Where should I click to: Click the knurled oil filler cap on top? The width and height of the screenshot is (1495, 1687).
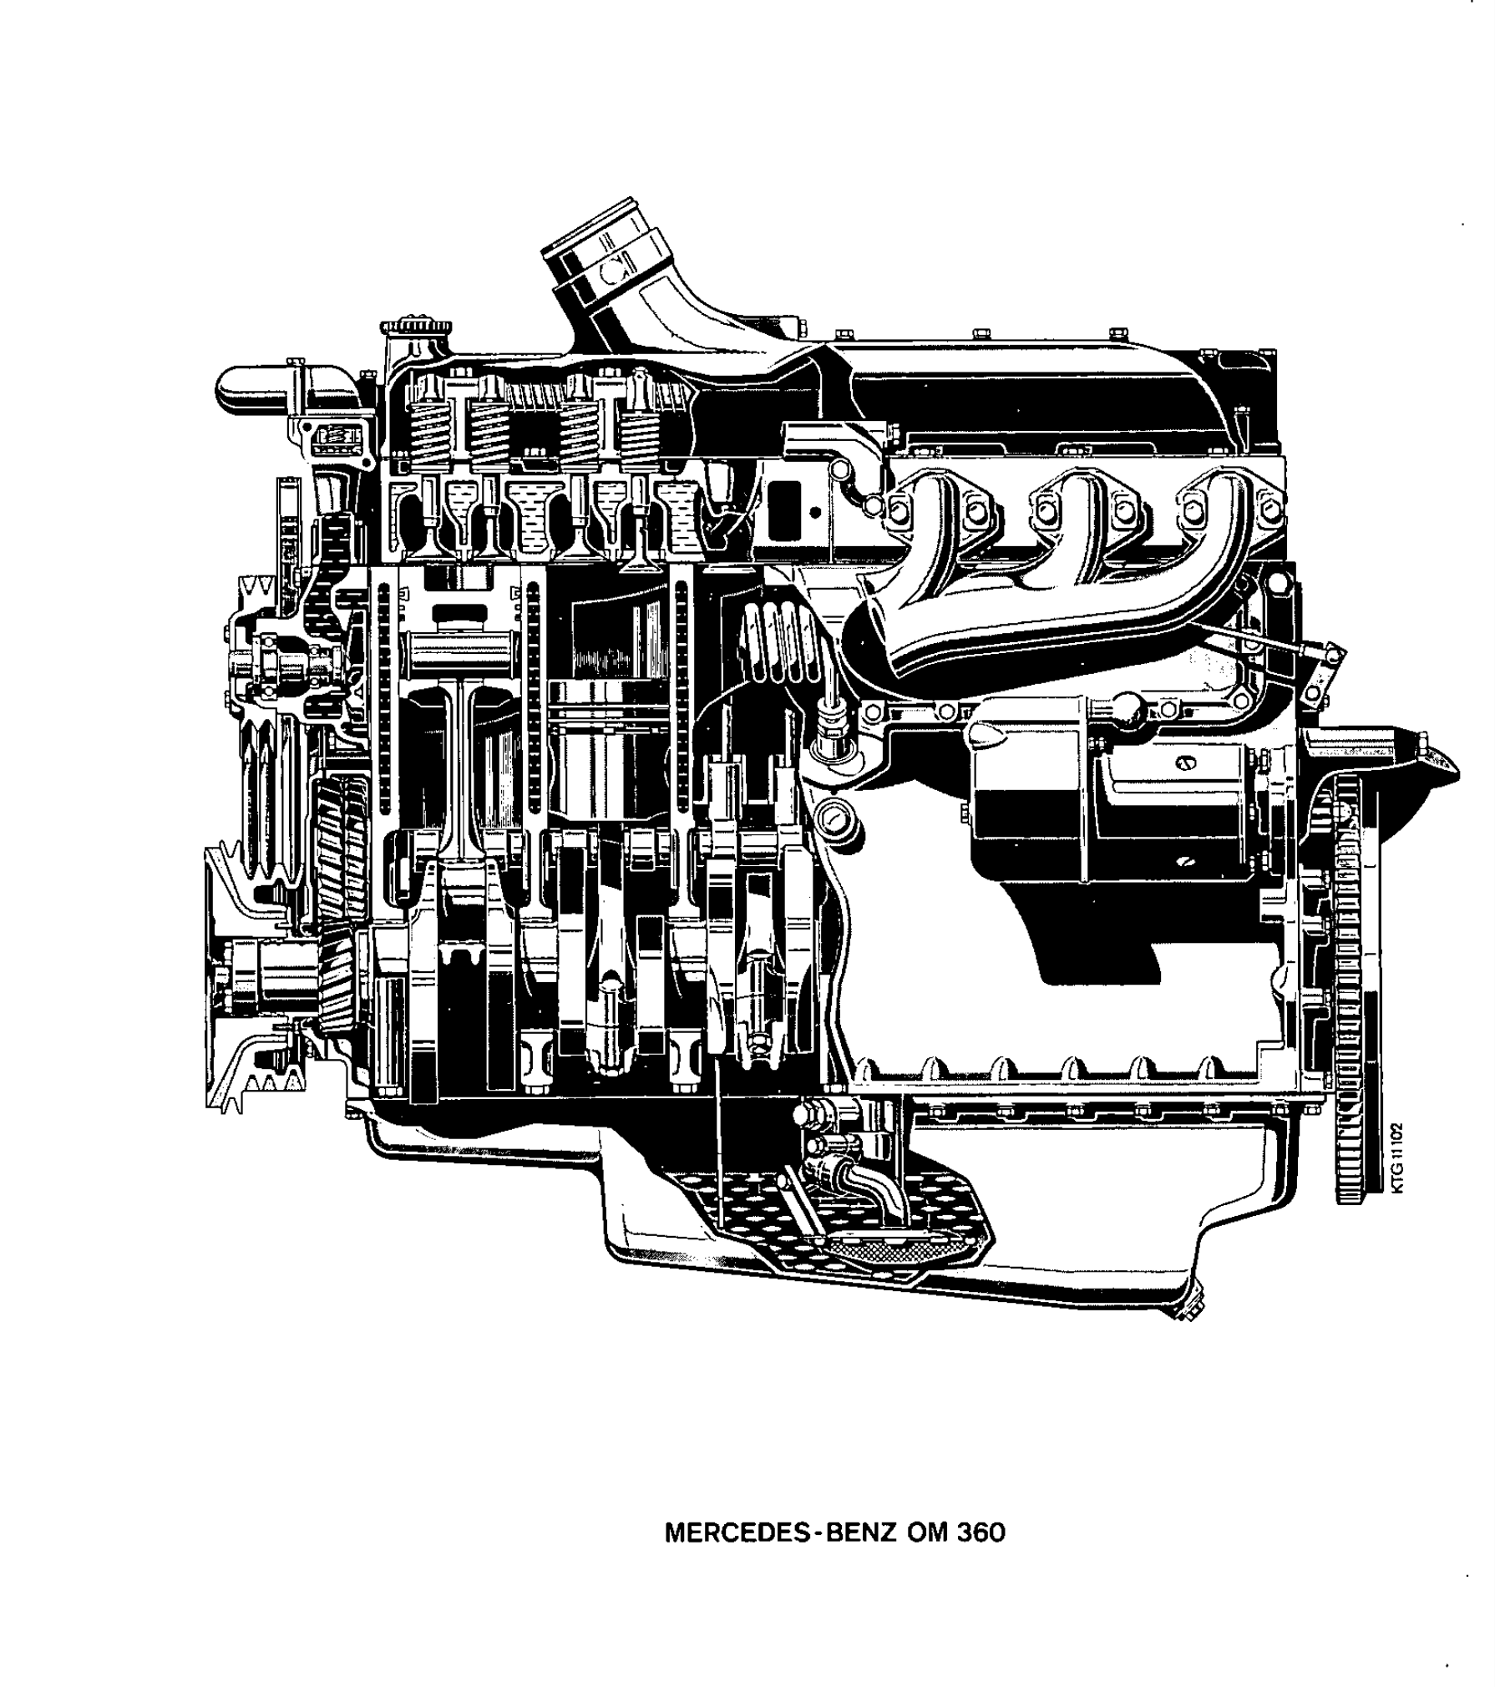coord(415,326)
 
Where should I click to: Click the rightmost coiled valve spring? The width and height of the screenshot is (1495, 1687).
coord(641,434)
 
